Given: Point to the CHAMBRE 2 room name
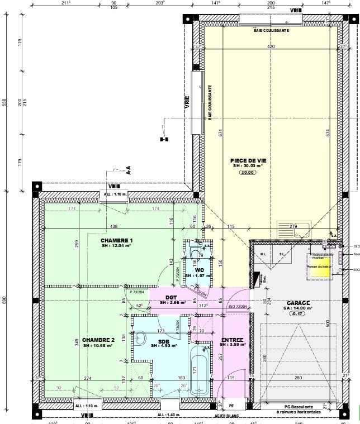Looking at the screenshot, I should point(98,340).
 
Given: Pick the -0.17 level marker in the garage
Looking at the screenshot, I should point(297,314).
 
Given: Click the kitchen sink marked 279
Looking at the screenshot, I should point(293,229).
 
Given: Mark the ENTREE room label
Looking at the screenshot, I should point(231,340).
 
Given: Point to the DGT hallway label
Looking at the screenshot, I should point(171,298).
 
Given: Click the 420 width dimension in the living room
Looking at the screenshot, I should point(271,47).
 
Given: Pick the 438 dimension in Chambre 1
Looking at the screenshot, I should point(113,226).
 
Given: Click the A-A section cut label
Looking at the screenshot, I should point(128,171).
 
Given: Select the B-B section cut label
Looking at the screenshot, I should point(164,140).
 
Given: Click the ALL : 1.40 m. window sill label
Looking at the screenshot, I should point(169,415).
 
